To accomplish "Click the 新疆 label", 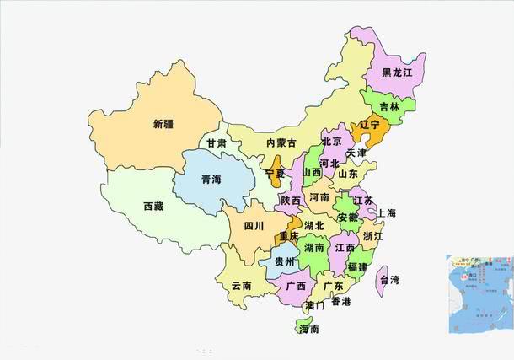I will (163, 125).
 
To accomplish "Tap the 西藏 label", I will (153, 207).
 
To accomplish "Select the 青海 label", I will (211, 180).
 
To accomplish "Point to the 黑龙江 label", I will (397, 73).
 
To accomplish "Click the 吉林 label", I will (389, 107).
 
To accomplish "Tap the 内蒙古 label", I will (281, 144).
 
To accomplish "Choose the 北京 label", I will (332, 142).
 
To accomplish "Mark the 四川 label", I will (254, 226).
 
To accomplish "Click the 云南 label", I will (241, 286).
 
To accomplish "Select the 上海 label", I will (387, 213).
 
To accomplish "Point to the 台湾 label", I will (388, 279).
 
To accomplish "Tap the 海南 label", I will (309, 330).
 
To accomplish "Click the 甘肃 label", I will (217, 144).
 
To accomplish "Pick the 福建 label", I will (358, 267).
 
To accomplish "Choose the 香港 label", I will (340, 301).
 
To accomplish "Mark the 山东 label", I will (348, 175).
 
